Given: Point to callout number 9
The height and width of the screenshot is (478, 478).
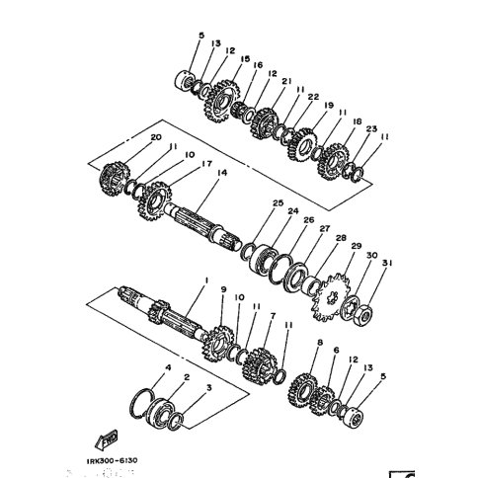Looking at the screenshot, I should click(223, 290).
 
